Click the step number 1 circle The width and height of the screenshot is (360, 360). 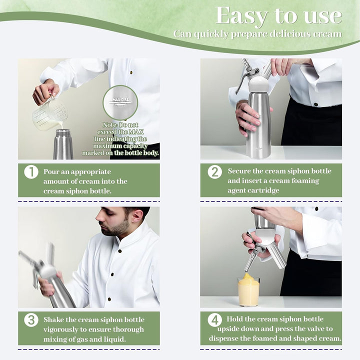point(31,172)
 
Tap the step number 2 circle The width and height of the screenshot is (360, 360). point(215,171)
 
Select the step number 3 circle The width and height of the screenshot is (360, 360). point(31,320)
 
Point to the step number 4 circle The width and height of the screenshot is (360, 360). point(215,320)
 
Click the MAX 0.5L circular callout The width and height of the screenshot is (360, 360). point(120,102)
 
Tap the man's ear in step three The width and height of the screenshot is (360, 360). point(137,215)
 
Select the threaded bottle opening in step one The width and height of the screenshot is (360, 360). point(63,133)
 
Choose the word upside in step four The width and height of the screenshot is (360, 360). point(227,329)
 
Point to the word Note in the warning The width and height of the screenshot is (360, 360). point(110,125)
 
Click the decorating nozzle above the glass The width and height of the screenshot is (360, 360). point(250,260)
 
